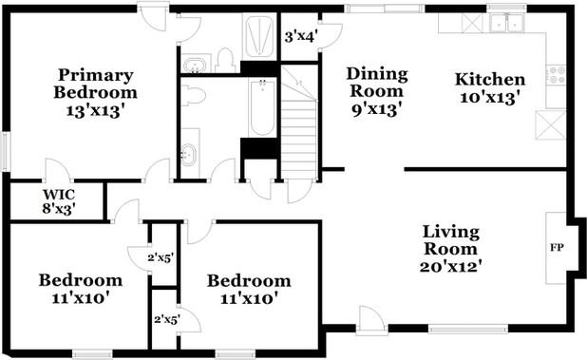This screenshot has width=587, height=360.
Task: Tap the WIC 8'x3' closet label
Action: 58,199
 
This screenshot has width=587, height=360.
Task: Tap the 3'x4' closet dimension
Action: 300,38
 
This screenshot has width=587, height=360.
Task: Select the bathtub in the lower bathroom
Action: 260,110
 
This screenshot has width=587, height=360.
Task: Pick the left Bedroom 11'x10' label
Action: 80,289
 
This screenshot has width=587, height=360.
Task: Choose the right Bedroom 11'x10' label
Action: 249,289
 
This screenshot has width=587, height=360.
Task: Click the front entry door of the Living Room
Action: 371,321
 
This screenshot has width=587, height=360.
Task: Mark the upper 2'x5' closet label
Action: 160,256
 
